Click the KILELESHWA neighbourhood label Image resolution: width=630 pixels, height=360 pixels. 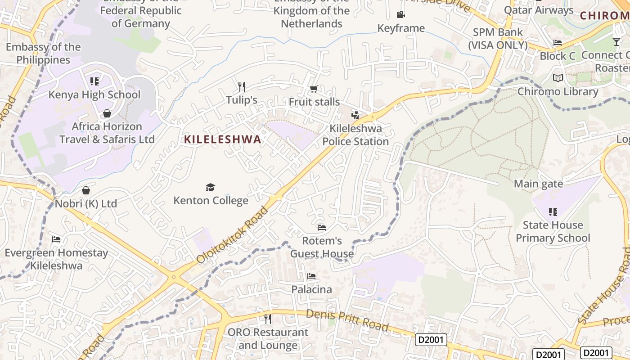[222, 139]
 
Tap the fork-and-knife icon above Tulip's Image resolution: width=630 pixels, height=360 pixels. [242, 86]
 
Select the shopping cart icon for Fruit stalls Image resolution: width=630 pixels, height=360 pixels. [314, 89]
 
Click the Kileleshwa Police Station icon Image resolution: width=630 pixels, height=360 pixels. [355, 115]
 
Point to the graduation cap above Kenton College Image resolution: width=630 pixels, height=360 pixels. [210, 187]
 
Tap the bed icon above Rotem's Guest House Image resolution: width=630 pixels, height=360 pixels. [321, 227]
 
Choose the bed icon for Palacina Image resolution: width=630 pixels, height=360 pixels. [311, 276]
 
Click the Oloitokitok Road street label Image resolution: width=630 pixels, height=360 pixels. [232, 235]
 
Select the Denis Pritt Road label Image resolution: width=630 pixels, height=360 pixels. [347, 320]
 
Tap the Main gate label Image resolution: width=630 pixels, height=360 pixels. [538, 184]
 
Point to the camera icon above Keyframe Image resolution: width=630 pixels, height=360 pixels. [400, 15]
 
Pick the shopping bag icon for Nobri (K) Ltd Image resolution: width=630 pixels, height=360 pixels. [86, 190]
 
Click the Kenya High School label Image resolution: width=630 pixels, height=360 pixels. [94, 94]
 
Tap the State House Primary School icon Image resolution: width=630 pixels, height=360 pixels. [553, 211]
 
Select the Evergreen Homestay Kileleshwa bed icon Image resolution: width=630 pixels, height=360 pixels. [56, 239]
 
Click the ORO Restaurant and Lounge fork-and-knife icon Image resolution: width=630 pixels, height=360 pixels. [268, 319]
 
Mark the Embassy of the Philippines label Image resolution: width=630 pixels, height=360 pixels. [43, 53]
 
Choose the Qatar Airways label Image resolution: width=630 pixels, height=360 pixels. [539, 10]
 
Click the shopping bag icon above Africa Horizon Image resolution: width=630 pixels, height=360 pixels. [107, 113]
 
